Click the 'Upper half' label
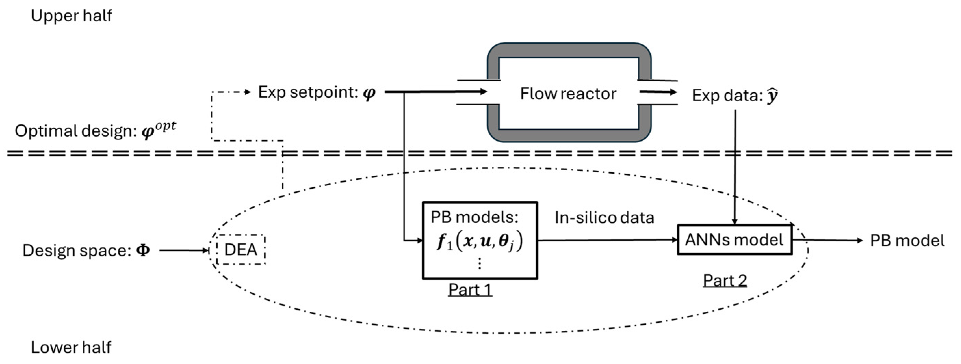point(71,16)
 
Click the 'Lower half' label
point(71,347)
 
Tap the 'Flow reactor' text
point(568,94)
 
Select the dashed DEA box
point(241,250)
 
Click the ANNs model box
point(734,240)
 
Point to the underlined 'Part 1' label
point(470,289)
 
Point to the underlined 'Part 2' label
point(725,280)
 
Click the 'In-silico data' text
point(605,218)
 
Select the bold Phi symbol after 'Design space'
point(143,250)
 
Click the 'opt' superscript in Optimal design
point(166,127)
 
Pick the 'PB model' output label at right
point(907,241)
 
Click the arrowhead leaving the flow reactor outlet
point(672,92)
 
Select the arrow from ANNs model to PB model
point(828,240)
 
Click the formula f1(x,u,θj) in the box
point(480,241)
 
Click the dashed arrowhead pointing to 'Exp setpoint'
point(247,92)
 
